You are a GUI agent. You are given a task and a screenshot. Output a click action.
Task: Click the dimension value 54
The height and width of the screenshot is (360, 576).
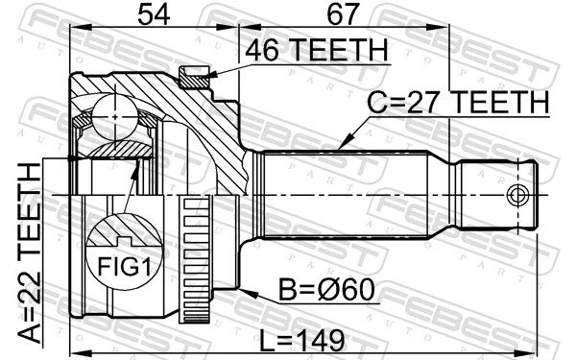click(154, 14)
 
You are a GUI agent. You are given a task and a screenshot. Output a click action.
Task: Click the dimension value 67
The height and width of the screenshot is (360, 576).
click(343, 14)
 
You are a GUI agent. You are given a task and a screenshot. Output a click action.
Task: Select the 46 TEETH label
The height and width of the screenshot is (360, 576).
click(317, 50)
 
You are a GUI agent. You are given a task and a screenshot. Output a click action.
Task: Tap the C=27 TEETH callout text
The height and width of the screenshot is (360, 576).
click(458, 103)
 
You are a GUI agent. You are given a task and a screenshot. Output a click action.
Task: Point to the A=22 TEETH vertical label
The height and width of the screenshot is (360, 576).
click(30, 253)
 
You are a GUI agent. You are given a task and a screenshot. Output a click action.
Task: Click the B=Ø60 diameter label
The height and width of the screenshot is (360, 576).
click(326, 290)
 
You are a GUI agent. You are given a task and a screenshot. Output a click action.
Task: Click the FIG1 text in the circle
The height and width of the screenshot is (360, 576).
click(124, 266)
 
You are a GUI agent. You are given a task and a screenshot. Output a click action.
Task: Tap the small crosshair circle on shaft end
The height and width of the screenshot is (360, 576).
click(518, 195)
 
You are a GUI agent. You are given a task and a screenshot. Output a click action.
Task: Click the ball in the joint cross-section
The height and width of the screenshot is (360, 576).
click(115, 117)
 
